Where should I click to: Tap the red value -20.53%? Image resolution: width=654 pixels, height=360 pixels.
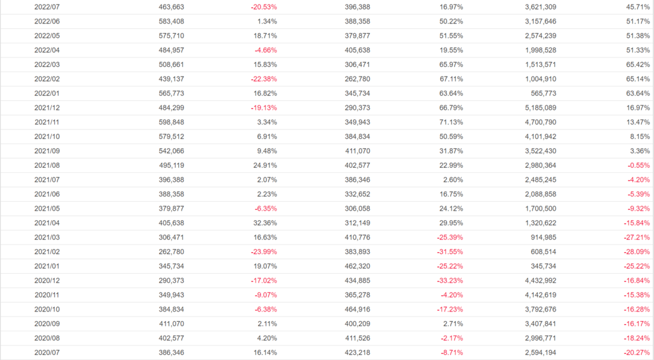pyautogui.click(x=264, y=7)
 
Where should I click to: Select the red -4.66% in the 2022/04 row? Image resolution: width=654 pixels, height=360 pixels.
pyautogui.click(x=266, y=50)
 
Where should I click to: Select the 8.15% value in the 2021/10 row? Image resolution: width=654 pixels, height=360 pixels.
pyautogui.click(x=639, y=137)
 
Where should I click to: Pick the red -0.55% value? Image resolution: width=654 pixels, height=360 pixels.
pyautogui.click(x=637, y=165)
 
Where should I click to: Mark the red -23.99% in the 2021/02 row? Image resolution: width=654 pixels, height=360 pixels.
pyautogui.click(x=264, y=251)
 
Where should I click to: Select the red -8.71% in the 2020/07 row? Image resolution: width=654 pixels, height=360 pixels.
pyautogui.click(x=450, y=352)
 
